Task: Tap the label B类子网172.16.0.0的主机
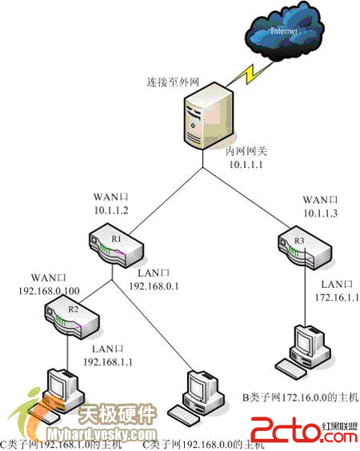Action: (300, 397)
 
